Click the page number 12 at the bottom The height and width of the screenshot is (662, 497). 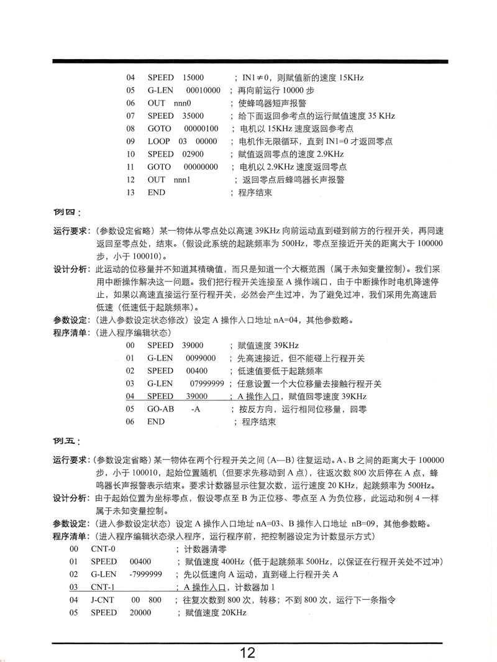pyautogui.click(x=247, y=652)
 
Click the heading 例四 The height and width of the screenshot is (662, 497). pyautogui.click(x=67, y=213)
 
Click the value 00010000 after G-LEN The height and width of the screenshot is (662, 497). pyautogui.click(x=203, y=90)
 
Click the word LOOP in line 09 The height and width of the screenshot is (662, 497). pyautogui.click(x=158, y=141)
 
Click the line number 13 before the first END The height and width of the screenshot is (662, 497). pyautogui.click(x=130, y=192)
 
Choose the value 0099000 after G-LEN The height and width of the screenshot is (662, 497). pyautogui.click(x=201, y=358)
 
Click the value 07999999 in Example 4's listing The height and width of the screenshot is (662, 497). pyautogui.click(x=207, y=384)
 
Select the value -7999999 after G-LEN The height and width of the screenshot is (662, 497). pyautogui.click(x=146, y=574)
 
